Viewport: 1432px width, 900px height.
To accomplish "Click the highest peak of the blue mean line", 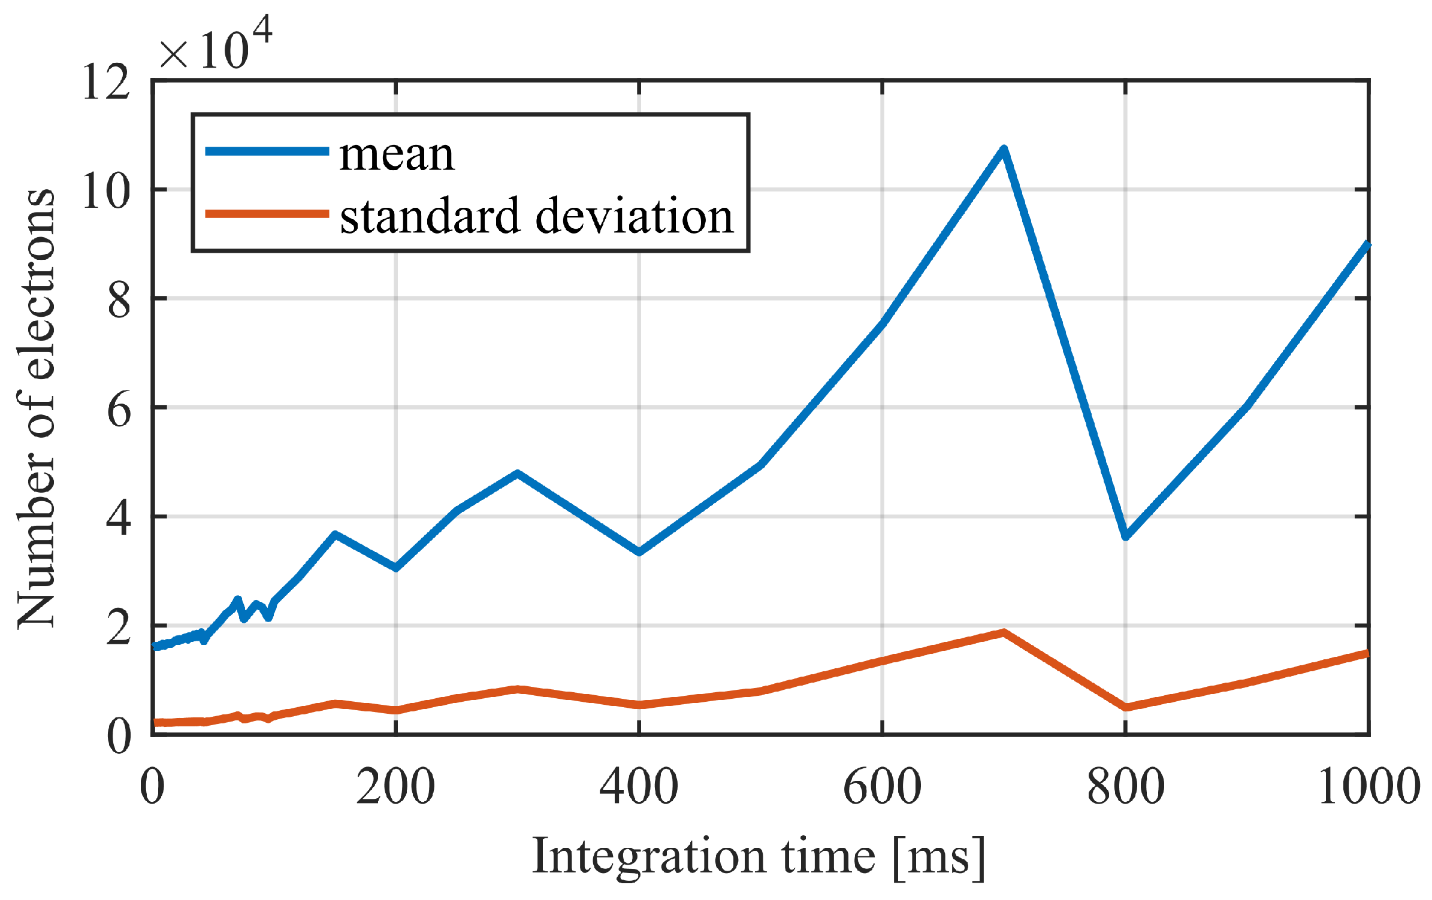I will tap(1004, 150).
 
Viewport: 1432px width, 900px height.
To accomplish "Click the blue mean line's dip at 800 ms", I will tap(1126, 535).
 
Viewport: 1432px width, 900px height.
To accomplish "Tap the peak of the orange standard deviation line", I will tap(1004, 633).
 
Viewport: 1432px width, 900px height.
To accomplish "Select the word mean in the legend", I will tap(397, 154).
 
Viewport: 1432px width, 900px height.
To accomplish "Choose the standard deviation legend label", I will tap(536, 216).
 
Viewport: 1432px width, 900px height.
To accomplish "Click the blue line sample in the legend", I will tap(267, 151).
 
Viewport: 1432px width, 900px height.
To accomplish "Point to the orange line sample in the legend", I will tap(267, 214).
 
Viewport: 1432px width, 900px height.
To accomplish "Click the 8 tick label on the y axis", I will tap(119, 300).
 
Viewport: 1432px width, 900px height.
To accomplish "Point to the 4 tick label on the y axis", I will tap(119, 518).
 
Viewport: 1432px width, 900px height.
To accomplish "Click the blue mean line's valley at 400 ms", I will tap(639, 551).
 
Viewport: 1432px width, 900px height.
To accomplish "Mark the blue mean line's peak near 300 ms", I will tap(517, 474).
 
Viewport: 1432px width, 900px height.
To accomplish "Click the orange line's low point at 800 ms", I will tap(1126, 707).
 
